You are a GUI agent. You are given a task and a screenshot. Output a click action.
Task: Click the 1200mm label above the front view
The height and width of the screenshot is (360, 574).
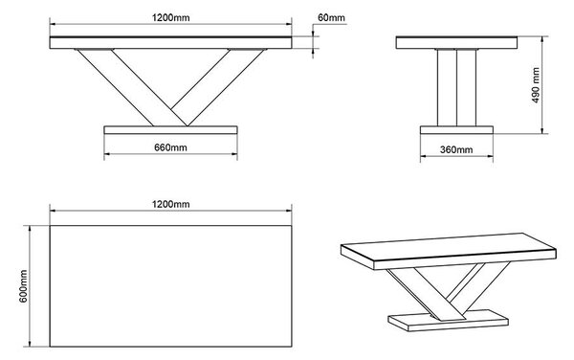coord(170,17)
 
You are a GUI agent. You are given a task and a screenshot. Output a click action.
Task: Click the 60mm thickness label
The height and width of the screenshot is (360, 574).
coord(331,17)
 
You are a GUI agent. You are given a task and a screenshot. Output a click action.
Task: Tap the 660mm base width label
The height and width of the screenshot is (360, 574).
coord(170,147)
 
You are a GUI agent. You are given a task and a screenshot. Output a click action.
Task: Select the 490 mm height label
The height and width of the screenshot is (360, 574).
coord(536,85)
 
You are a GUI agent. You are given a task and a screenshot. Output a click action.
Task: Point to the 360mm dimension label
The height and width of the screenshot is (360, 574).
coord(456,149)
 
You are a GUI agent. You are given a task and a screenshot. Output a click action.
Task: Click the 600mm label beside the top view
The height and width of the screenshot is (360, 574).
coord(23,286)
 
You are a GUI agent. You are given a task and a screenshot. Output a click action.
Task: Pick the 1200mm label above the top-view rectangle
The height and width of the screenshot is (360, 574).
coord(170,204)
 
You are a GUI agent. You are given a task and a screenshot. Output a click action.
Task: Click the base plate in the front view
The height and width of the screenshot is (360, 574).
coord(170,130)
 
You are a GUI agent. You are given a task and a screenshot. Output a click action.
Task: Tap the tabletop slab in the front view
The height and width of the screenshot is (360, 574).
coord(170,42)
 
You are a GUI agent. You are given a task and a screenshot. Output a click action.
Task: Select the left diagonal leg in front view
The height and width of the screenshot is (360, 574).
coord(131,87)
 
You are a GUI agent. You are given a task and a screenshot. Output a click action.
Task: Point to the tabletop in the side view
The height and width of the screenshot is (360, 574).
coord(456,42)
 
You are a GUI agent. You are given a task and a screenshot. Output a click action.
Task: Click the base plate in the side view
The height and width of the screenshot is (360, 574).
coord(456,130)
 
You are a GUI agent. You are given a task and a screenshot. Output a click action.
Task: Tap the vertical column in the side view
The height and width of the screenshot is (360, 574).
coord(456,88)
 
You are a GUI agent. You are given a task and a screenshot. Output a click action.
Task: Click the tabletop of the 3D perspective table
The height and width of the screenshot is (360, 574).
coord(449,251)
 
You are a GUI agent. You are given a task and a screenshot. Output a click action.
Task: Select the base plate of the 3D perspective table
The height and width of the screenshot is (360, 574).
coord(449,321)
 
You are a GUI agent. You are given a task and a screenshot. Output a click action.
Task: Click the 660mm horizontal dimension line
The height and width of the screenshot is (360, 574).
coord(170,154)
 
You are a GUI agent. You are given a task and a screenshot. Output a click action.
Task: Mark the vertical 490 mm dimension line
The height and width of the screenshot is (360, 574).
coord(542,85)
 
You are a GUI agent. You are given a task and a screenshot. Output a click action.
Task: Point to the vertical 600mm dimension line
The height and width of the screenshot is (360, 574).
coord(30,286)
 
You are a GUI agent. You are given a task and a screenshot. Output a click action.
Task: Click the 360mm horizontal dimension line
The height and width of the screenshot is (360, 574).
coord(456,156)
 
